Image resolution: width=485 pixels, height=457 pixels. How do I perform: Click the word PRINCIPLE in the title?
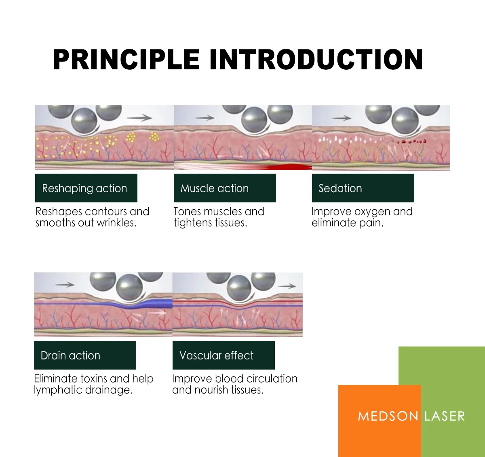point(126,60)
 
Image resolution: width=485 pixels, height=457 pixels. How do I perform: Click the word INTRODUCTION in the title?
point(316,60)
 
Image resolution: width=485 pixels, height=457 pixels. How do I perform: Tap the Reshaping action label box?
point(86,188)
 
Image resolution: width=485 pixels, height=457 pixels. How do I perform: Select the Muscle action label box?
point(225,188)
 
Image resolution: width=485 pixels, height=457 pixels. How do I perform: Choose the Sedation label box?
point(363,188)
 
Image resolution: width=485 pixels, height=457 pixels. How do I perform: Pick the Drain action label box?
point(85,355)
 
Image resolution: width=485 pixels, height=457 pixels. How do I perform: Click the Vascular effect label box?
point(224,355)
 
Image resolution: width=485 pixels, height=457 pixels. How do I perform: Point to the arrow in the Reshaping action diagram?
point(139,118)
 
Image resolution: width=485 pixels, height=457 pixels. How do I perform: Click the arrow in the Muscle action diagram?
point(205,118)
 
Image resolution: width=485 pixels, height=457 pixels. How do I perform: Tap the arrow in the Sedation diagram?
point(342,118)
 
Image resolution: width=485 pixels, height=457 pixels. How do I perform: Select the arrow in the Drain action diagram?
point(65,285)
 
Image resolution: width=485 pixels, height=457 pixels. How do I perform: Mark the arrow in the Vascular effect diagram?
point(287,286)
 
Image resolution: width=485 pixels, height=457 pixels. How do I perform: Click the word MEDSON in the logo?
point(388,416)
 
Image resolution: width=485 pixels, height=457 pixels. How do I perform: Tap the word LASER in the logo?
point(445,416)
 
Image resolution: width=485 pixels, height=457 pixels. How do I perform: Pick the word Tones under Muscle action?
point(187,212)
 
